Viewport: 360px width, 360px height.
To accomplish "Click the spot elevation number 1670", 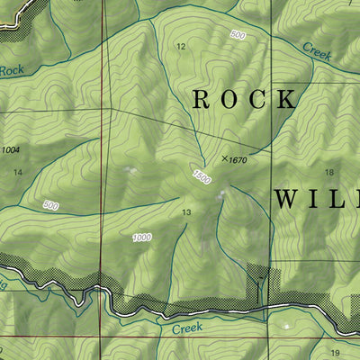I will click(x=238, y=160).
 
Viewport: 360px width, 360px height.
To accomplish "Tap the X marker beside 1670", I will click(x=224, y=158).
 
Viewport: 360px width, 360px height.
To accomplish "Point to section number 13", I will click(x=187, y=212).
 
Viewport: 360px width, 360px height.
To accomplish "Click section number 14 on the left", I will click(x=17, y=171).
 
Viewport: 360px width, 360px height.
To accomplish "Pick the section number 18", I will click(x=329, y=172).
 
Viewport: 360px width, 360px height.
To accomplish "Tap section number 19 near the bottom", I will click(x=335, y=353).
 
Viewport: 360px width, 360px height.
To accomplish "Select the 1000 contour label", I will click(x=141, y=238).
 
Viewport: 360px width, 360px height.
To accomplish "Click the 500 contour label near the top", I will click(x=237, y=35).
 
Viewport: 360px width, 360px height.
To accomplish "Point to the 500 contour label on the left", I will click(x=50, y=206).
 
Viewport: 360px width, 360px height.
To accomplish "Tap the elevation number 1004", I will click(x=11, y=149).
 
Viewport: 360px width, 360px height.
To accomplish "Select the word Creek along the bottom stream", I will click(x=188, y=330).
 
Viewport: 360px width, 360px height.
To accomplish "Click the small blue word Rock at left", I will click(x=11, y=69).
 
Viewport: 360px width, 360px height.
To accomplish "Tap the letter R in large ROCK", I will click(x=202, y=99).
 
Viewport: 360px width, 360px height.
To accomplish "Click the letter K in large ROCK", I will click(x=286, y=99).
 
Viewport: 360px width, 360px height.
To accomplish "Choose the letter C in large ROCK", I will click(x=258, y=99).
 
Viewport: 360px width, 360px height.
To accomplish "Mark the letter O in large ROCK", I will click(x=229, y=99).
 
